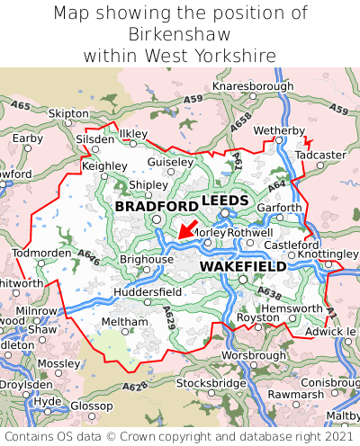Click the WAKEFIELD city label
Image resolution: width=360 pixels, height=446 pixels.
click(x=243, y=267)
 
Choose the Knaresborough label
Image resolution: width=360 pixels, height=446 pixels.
click(x=253, y=86)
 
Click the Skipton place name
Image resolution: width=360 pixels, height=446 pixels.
click(x=68, y=114)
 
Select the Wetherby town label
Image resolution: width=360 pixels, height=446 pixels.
click(x=279, y=130)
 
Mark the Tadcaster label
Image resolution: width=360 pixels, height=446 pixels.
click(x=320, y=155)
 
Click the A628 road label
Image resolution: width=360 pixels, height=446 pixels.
click(x=135, y=388)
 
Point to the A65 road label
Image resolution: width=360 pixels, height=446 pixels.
click(x=21, y=106)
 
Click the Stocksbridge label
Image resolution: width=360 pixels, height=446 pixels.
click(x=211, y=383)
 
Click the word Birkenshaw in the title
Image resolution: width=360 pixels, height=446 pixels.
click(x=180, y=34)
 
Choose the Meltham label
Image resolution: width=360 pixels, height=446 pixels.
click(x=118, y=321)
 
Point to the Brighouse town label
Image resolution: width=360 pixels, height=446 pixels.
click(x=146, y=259)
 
